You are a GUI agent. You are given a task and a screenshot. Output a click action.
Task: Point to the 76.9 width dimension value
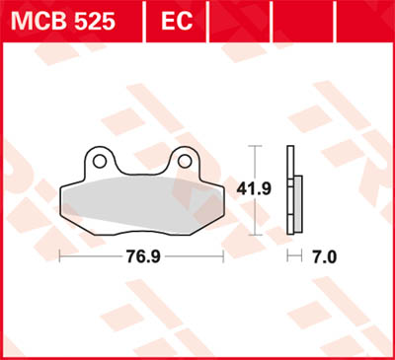[141, 256]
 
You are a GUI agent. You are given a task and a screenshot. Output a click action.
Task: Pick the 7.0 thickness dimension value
[324, 256]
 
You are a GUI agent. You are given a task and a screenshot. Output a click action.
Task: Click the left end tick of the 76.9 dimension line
[60, 255]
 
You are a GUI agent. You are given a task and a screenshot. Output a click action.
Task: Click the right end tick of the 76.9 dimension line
[223, 255]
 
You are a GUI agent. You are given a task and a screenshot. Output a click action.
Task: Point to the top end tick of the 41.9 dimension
[257, 147]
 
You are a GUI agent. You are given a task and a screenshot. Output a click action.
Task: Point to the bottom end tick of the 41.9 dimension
[257, 235]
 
